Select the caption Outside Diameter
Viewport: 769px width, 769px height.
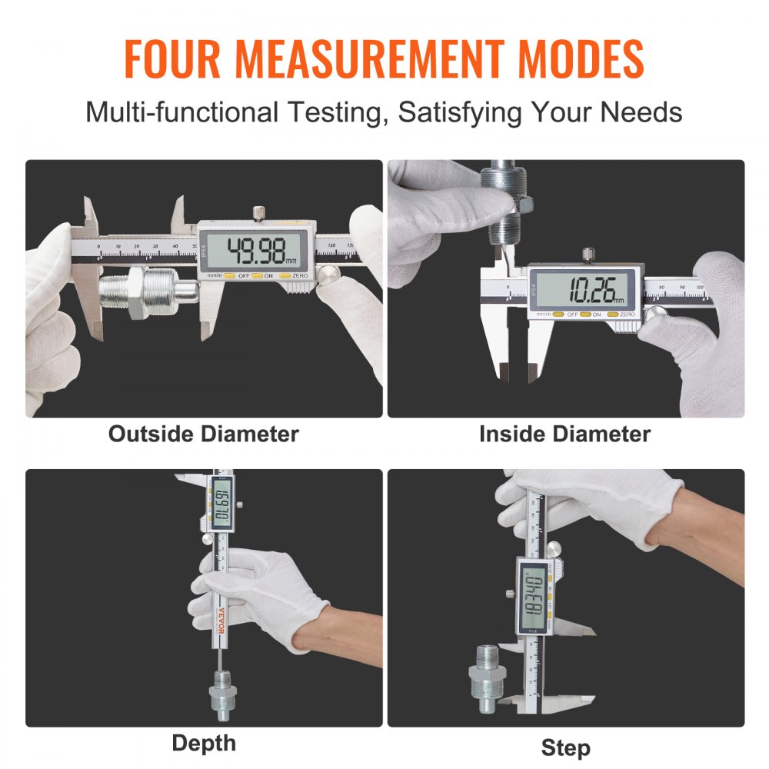(203, 434)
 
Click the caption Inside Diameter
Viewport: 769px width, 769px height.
(564, 434)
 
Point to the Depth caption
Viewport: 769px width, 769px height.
(204, 743)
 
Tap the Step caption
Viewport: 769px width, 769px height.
(565, 747)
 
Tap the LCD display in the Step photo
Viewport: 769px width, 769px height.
(531, 595)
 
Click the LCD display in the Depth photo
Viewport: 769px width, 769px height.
(221, 511)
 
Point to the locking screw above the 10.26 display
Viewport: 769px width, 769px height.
(588, 254)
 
